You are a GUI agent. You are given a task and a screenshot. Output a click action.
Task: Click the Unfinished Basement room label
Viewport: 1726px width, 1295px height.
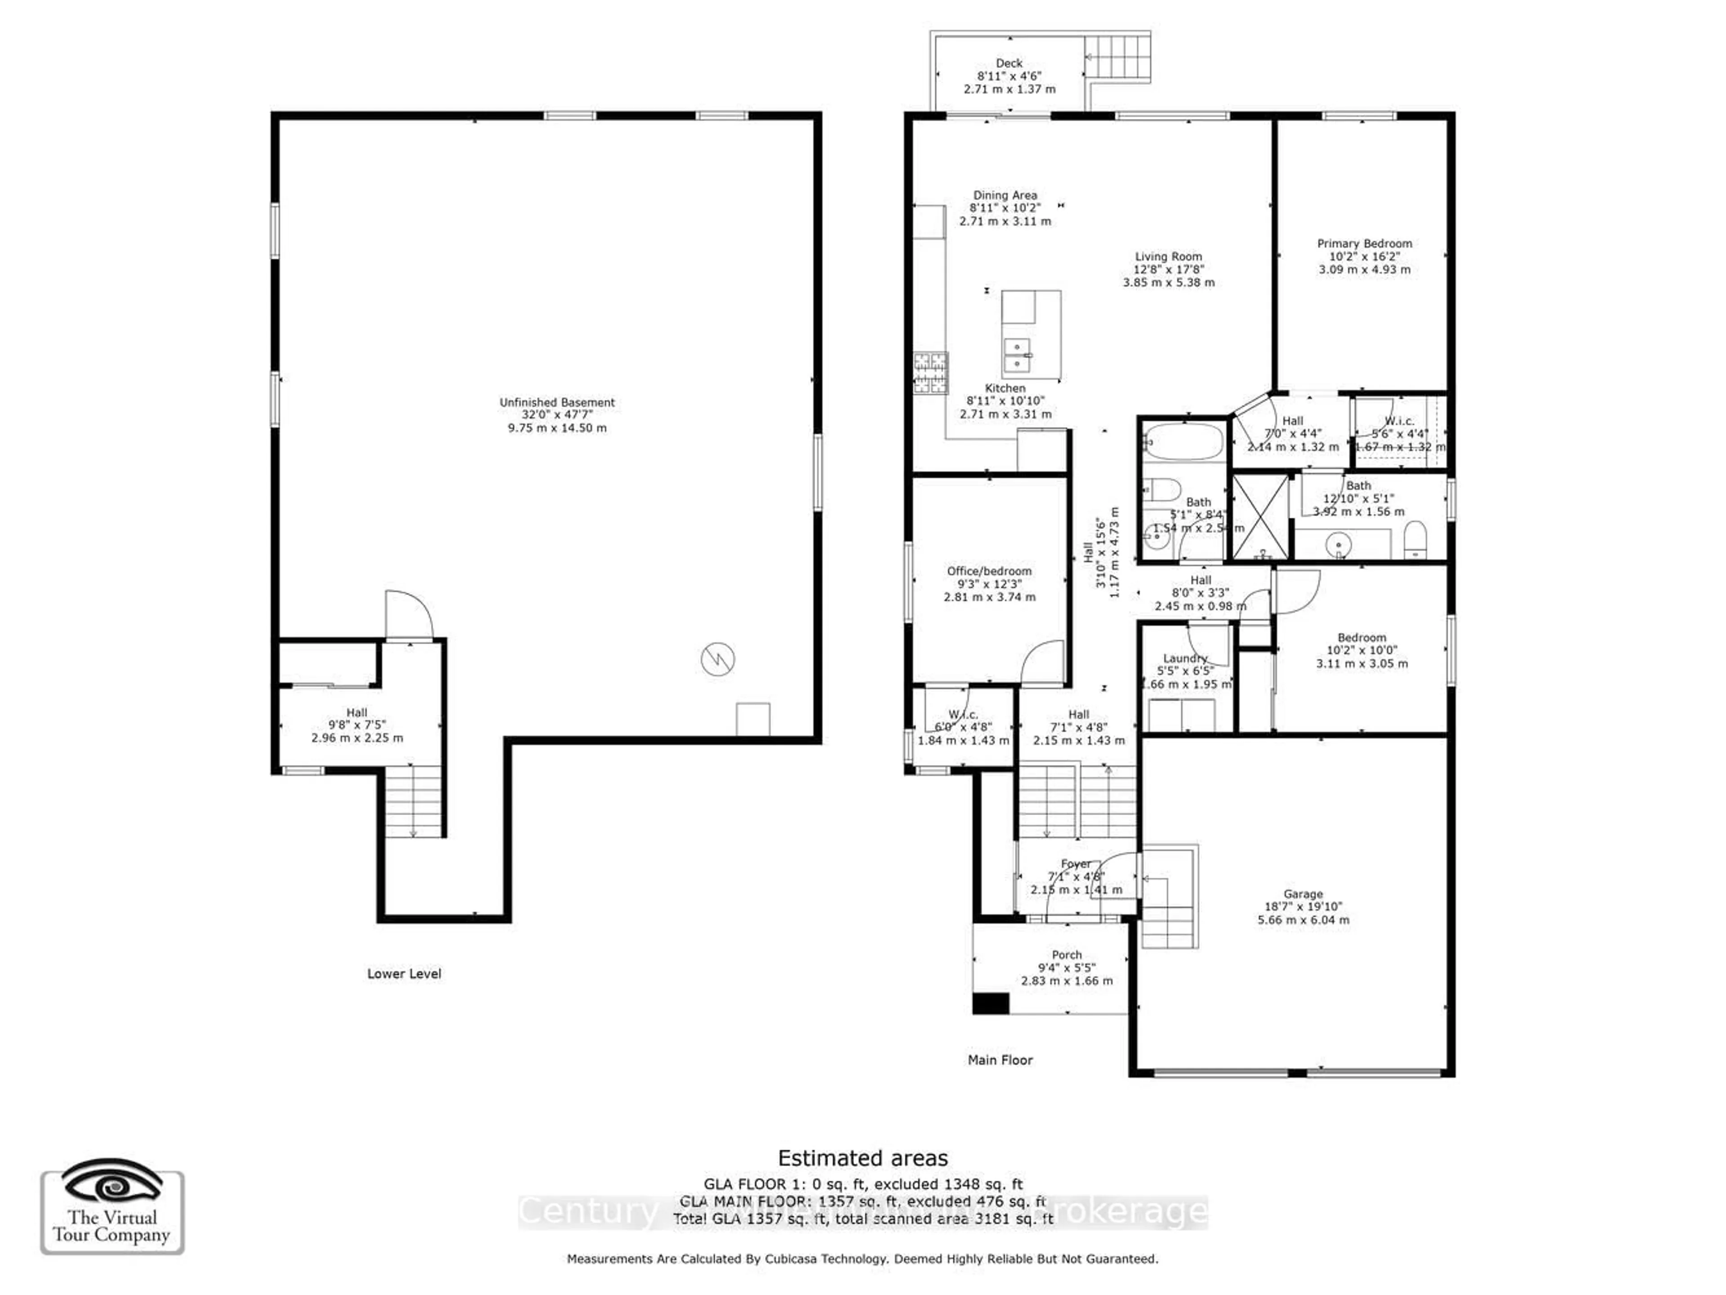pyautogui.click(x=556, y=403)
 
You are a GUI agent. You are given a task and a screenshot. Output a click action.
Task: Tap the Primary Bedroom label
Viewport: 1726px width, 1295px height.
pyautogui.click(x=1364, y=243)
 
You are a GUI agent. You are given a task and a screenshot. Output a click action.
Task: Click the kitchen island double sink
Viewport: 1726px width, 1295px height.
pyautogui.click(x=1017, y=356)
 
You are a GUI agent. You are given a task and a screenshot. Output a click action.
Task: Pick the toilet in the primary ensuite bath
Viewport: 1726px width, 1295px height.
pyautogui.click(x=1414, y=539)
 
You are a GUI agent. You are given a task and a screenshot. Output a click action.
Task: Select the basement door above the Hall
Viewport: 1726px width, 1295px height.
pyautogui.click(x=408, y=615)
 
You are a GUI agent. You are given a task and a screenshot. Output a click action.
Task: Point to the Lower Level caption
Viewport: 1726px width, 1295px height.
pyautogui.click(x=404, y=974)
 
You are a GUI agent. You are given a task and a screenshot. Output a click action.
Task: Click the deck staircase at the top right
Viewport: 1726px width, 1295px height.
pyautogui.click(x=1118, y=58)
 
